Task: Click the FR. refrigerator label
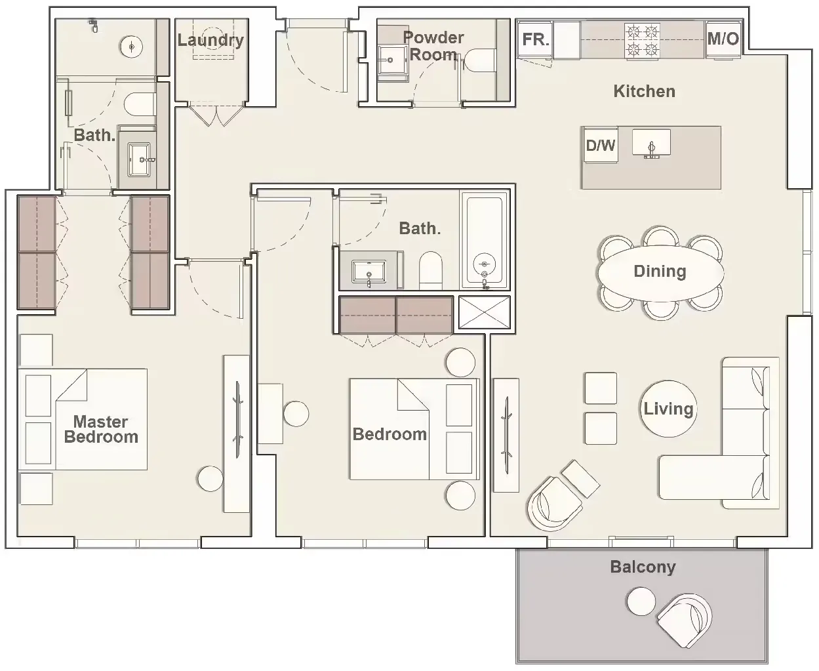point(535,39)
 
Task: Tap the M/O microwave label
point(723,39)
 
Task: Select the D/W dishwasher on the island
point(600,145)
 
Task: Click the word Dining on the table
point(660,272)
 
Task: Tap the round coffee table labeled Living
point(668,409)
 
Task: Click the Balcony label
point(642,567)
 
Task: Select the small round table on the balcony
point(641,601)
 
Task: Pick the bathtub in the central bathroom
point(485,240)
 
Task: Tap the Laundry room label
point(210,40)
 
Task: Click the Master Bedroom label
point(101,430)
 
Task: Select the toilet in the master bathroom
point(140,104)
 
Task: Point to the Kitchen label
point(644,91)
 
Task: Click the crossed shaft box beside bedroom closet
point(484,313)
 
